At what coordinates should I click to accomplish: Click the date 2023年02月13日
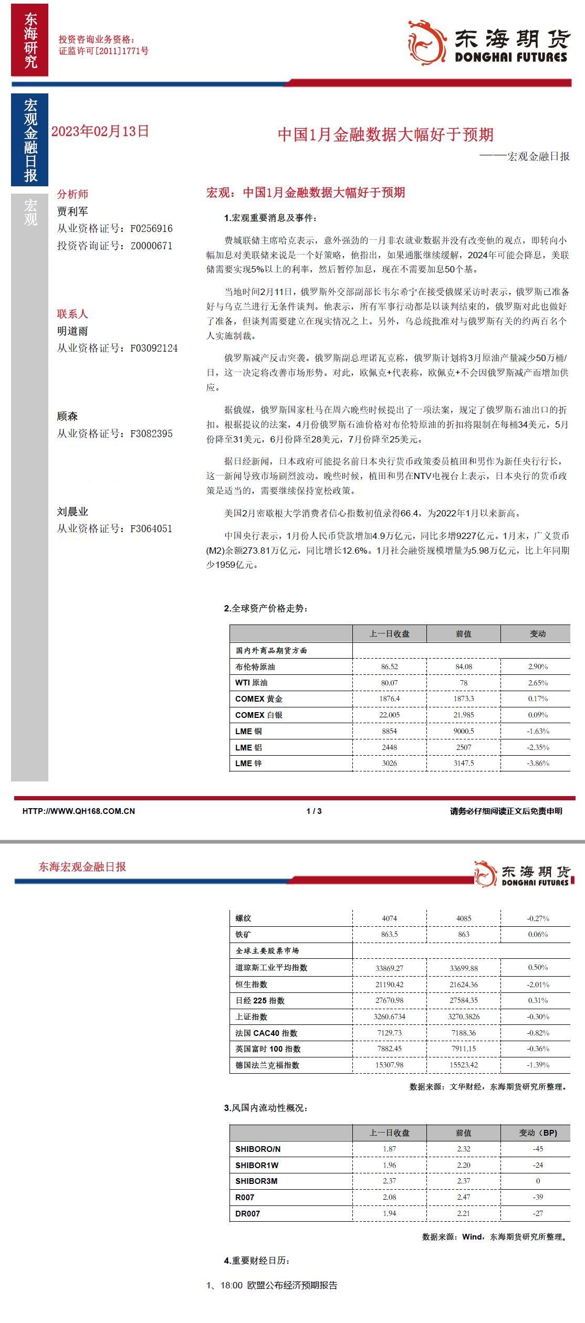click(x=100, y=131)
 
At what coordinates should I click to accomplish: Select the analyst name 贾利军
click(x=72, y=211)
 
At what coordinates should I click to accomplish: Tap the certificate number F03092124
click(x=154, y=348)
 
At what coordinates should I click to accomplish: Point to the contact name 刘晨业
click(x=72, y=512)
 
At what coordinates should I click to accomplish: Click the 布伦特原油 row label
click(x=255, y=666)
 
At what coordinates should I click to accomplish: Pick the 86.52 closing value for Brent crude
click(x=389, y=666)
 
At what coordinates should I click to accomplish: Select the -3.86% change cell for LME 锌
click(x=538, y=763)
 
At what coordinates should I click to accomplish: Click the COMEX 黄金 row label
click(x=259, y=699)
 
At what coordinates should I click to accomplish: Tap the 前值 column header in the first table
click(x=463, y=634)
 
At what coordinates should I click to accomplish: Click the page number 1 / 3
click(x=314, y=811)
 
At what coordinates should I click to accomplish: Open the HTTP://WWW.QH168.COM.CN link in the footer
click(x=78, y=811)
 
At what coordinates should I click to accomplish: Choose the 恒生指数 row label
click(x=252, y=985)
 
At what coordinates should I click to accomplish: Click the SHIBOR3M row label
click(x=256, y=1181)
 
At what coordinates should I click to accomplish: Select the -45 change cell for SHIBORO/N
click(x=538, y=1149)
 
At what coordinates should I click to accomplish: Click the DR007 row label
click(x=247, y=1213)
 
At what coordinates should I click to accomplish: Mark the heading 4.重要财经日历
click(x=256, y=1261)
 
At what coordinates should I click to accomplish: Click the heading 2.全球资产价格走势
click(x=266, y=609)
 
